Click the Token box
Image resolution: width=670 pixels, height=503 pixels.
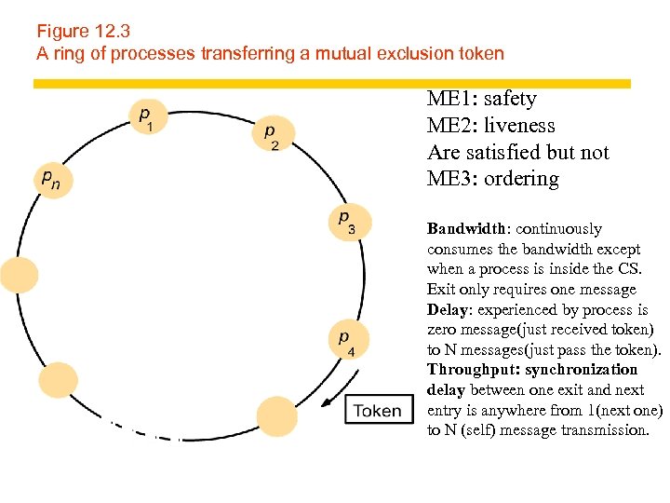(378, 411)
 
